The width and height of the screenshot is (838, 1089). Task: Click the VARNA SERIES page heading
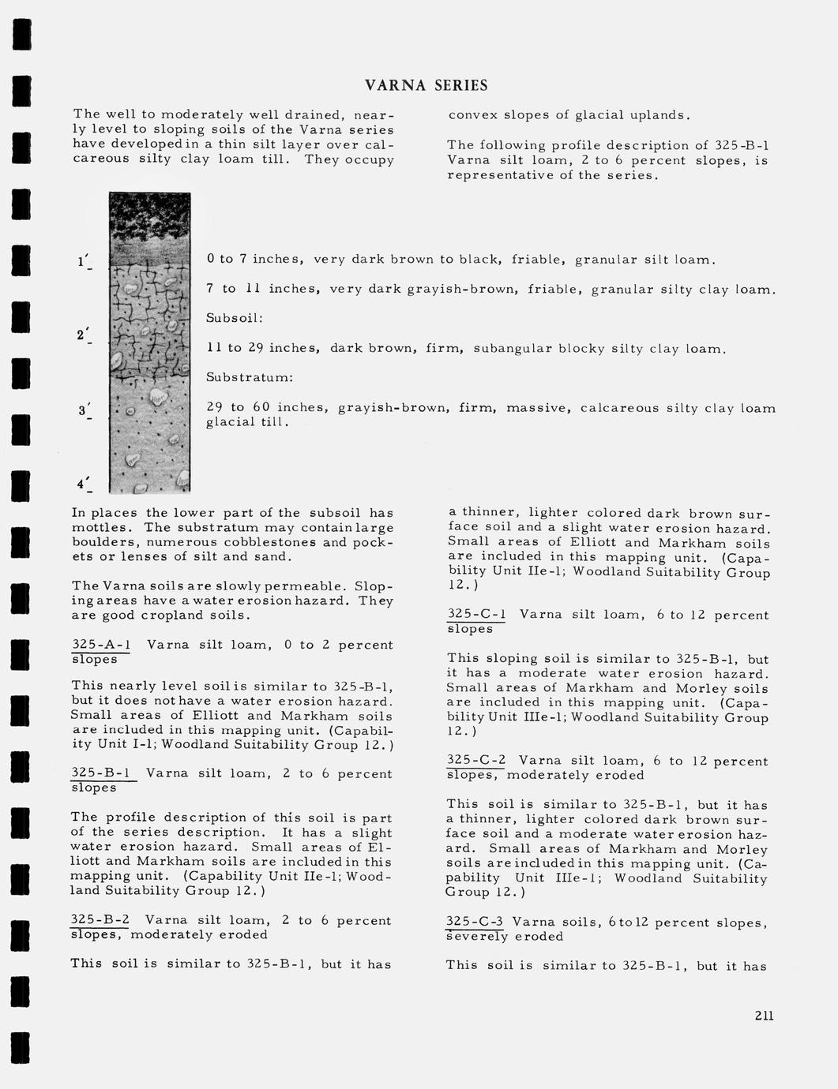click(426, 85)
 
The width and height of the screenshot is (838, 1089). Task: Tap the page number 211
click(763, 1016)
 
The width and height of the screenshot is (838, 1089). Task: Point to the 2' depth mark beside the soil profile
click(83, 335)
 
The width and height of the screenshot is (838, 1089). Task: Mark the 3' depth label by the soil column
click(84, 410)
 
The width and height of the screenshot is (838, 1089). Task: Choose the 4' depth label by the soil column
click(84, 483)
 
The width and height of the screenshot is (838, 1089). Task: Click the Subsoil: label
click(234, 318)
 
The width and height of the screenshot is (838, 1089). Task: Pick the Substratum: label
click(250, 378)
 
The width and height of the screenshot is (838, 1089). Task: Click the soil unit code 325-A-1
click(101, 645)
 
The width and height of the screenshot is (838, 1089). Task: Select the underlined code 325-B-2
click(100, 920)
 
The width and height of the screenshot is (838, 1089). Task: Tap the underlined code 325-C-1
click(476, 615)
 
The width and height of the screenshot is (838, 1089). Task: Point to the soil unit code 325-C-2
click(475, 761)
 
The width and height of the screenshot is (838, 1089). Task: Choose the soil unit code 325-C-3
click(475, 922)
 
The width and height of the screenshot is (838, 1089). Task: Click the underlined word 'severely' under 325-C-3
click(476, 937)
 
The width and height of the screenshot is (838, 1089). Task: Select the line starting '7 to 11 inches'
click(490, 289)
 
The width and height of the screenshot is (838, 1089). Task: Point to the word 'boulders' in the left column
click(102, 542)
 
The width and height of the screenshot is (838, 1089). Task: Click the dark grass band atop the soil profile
click(149, 216)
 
